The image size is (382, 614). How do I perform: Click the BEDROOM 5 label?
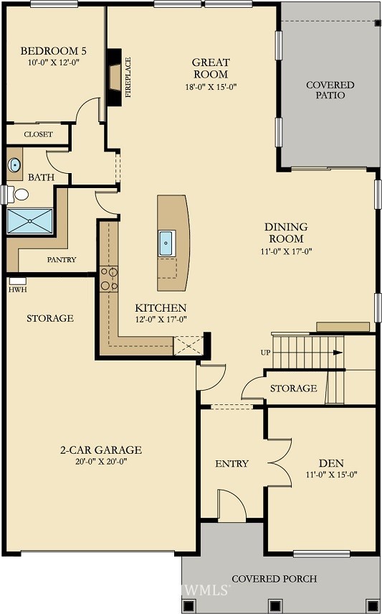click(54, 51)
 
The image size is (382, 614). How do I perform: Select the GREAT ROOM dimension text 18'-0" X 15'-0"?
click(210, 87)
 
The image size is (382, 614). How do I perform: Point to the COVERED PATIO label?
click(330, 90)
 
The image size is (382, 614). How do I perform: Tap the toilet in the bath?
click(20, 194)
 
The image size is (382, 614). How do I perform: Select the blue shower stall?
click(30, 221)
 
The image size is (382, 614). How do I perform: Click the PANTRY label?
click(62, 259)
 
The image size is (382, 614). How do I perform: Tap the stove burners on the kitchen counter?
click(109, 278)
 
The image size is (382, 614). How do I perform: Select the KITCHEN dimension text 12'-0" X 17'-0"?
click(161, 319)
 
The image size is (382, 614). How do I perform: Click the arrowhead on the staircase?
click(338, 353)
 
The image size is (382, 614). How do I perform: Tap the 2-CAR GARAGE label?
click(100, 450)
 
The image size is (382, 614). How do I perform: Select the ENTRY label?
click(231, 463)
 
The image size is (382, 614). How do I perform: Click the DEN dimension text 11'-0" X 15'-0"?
click(331, 474)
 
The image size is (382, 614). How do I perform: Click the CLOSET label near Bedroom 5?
click(38, 134)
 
